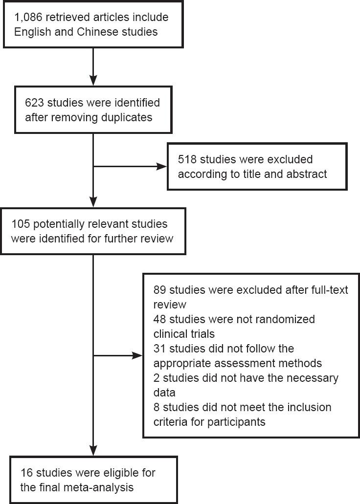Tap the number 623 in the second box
(x=33, y=104)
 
